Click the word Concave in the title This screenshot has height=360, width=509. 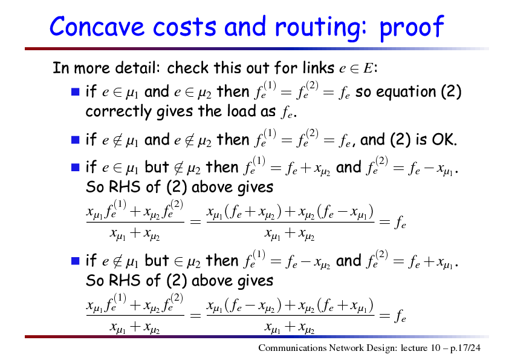point(97,27)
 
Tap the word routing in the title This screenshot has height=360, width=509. point(322,28)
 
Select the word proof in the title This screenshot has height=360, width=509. point(411,28)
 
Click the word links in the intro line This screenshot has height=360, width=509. point(318,68)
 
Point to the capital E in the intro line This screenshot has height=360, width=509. point(368,68)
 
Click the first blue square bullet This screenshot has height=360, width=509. point(76,91)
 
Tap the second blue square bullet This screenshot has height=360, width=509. point(76,140)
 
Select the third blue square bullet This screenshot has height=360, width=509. point(76,168)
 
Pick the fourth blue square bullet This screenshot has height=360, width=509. point(76,261)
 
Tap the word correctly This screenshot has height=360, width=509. point(118,112)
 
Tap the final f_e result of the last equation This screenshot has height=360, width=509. point(400,315)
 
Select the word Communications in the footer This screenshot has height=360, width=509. point(292,348)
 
